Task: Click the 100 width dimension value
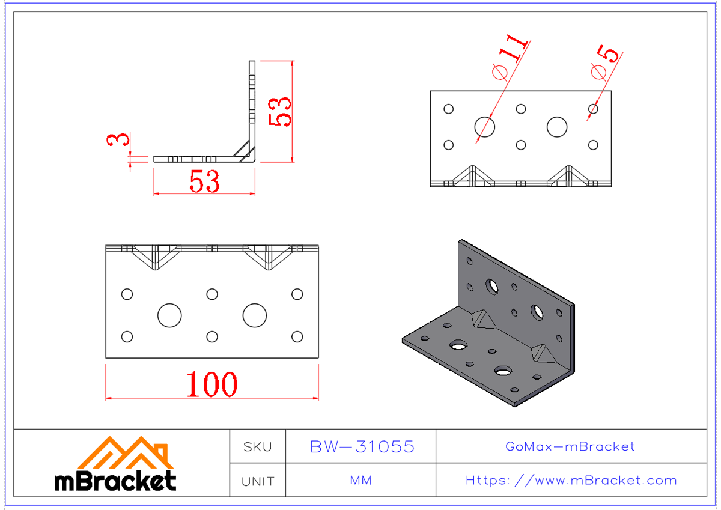[211, 384]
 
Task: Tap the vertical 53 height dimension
[281, 111]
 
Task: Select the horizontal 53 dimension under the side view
[204, 181]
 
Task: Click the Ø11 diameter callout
[510, 59]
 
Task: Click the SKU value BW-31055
[362, 446]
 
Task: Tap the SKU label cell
[257, 447]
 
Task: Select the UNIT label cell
[257, 481]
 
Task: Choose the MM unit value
[360, 481]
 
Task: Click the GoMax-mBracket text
[570, 446]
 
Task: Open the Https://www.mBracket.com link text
[571, 481]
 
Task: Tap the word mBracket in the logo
[115, 481]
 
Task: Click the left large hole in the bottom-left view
[169, 315]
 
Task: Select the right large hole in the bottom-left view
[255, 315]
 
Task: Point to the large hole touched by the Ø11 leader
[485, 127]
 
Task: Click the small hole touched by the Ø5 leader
[593, 109]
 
